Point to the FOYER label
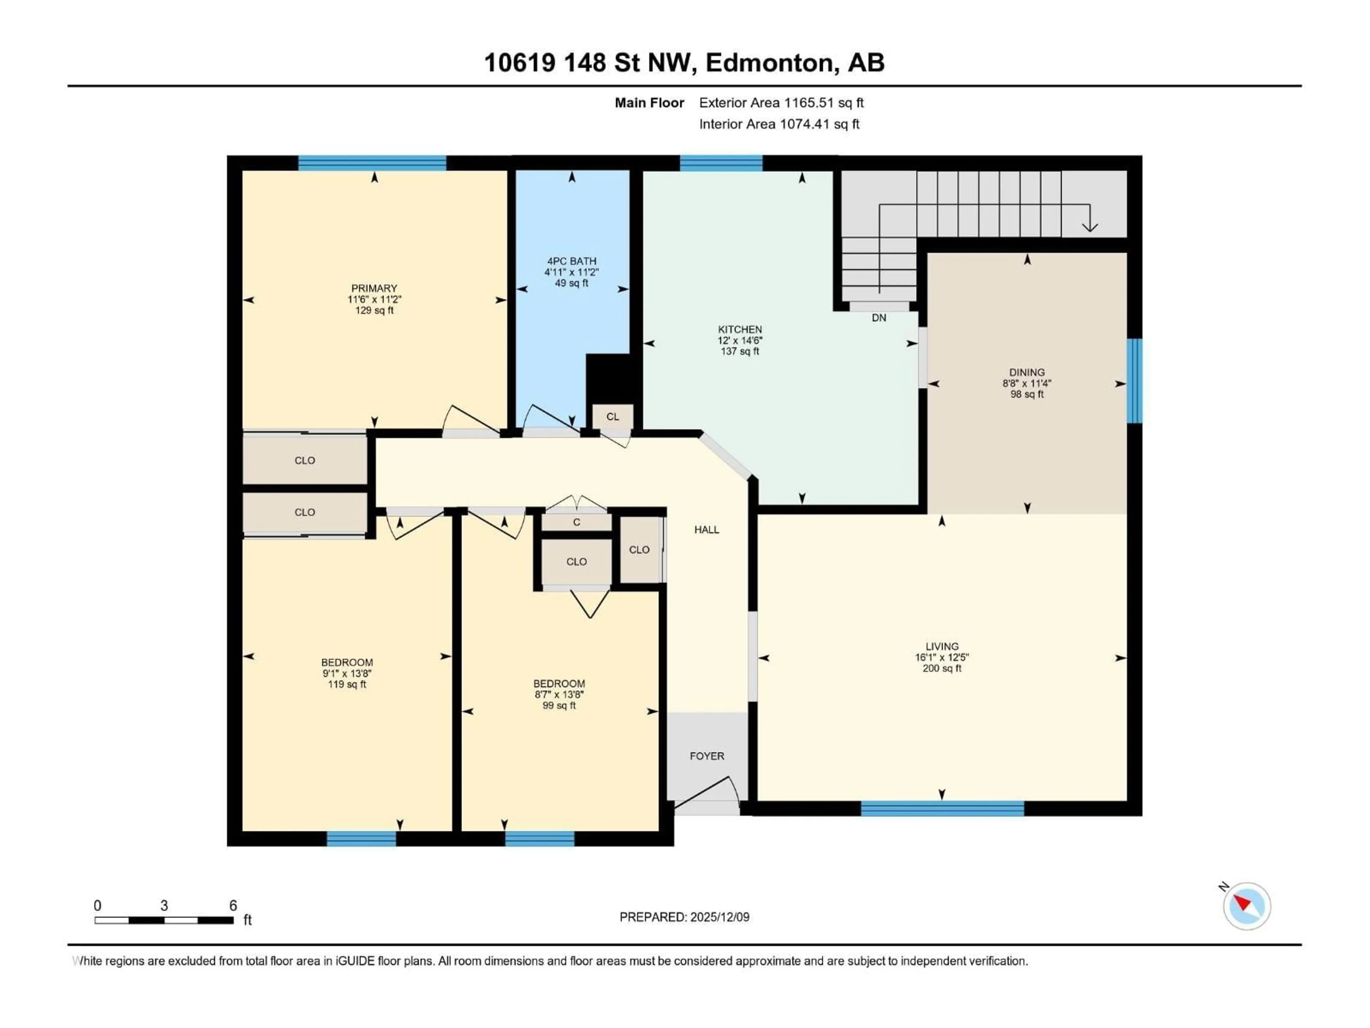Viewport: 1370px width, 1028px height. [707, 756]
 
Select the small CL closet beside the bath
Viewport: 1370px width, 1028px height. [612, 417]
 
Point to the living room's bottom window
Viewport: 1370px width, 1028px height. [942, 808]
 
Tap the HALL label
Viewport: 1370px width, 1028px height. [707, 530]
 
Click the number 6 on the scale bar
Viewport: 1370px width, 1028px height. [233, 905]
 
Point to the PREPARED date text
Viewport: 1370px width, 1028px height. [684, 917]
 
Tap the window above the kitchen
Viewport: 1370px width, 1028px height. [721, 163]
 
